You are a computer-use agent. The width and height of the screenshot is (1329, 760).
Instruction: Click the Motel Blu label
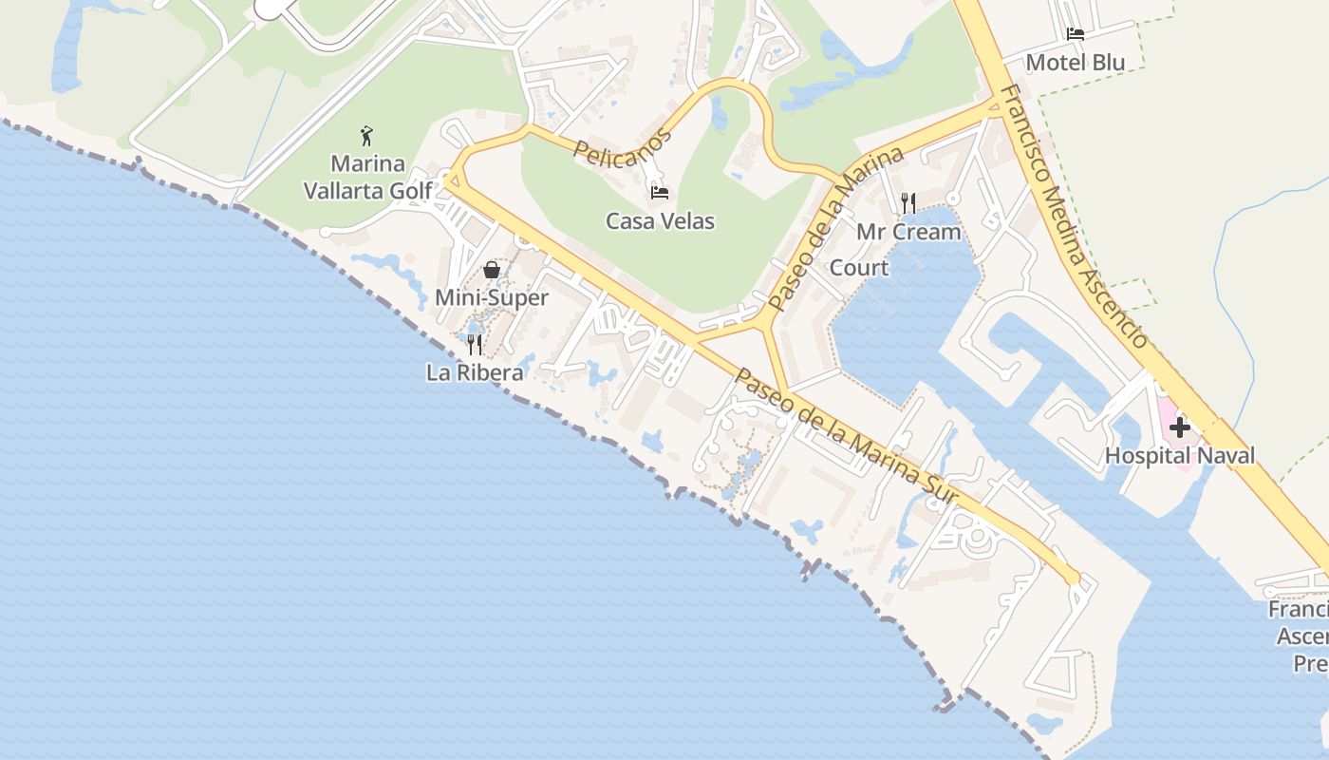(x=1076, y=63)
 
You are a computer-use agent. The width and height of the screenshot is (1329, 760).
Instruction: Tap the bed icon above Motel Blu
(x=1076, y=34)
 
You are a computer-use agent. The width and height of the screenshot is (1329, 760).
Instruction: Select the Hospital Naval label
(x=1179, y=456)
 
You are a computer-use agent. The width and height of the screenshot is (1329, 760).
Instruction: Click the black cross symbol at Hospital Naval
(x=1179, y=427)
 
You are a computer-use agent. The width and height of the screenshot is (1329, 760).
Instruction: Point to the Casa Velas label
(x=660, y=221)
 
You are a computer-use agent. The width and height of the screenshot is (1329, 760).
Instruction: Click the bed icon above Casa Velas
(x=660, y=193)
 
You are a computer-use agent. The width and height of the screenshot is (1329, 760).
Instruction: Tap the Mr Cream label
(x=908, y=232)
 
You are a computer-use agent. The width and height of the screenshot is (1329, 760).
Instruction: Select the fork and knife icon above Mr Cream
(x=908, y=202)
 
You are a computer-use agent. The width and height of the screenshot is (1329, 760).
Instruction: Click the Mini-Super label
(x=491, y=298)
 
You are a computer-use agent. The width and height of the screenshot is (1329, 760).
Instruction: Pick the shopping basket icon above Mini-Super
(x=491, y=270)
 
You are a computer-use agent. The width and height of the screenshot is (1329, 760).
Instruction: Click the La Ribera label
(x=475, y=372)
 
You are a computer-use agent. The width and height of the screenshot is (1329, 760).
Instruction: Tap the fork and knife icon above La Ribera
(x=475, y=344)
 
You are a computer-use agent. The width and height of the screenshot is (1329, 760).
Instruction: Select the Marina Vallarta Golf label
(x=367, y=177)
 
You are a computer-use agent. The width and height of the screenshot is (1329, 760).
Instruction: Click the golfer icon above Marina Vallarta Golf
(x=367, y=136)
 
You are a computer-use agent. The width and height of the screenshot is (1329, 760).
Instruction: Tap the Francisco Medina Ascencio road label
(x=1075, y=217)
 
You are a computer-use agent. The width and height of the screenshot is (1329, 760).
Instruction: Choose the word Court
(x=859, y=268)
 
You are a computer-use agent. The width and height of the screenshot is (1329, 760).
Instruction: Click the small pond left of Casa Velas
(x=720, y=112)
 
